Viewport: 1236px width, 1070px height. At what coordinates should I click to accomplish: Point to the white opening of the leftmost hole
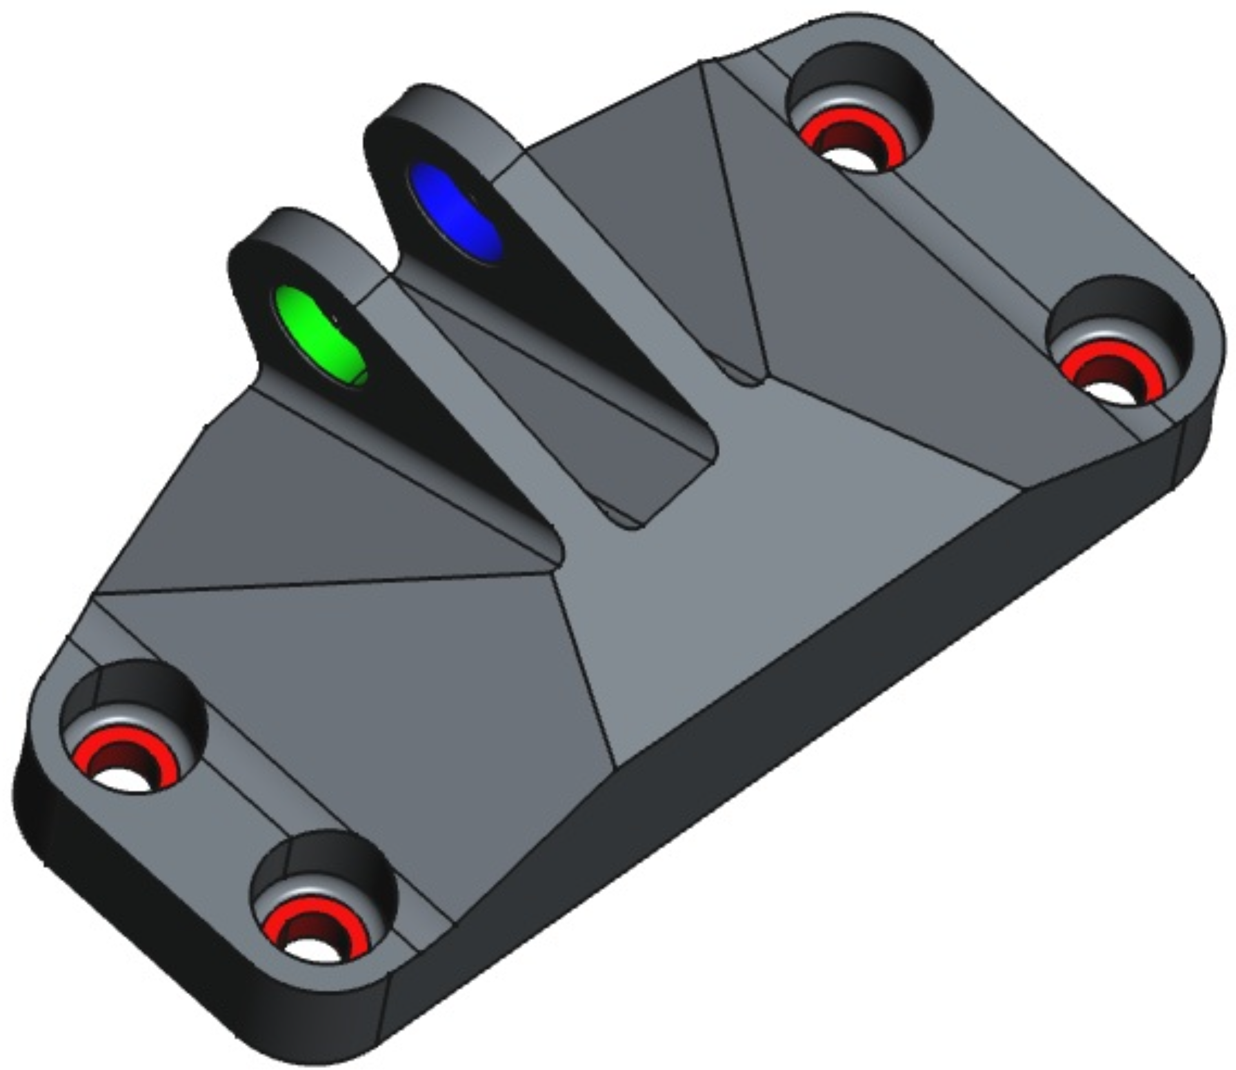point(123,778)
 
